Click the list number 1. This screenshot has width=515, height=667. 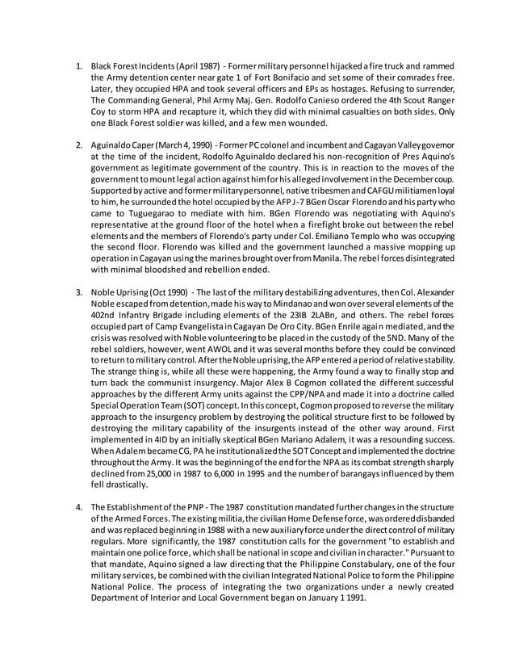click(78, 64)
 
